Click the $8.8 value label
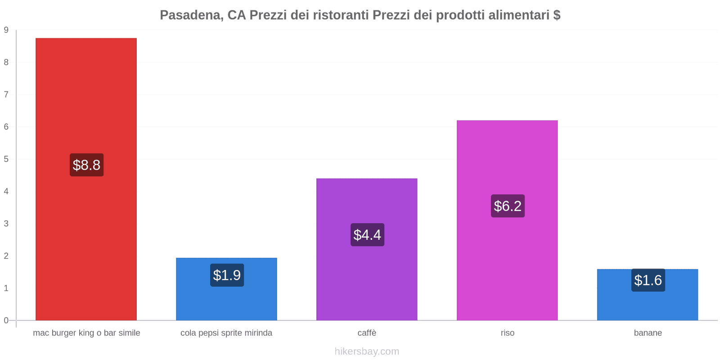(x=86, y=165)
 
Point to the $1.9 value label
(x=227, y=275)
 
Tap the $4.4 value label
(x=367, y=234)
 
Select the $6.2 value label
(x=508, y=206)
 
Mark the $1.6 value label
(x=648, y=280)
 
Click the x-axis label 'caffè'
(x=367, y=333)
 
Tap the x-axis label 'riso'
(x=507, y=333)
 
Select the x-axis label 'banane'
(x=648, y=333)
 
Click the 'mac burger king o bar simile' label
(x=86, y=333)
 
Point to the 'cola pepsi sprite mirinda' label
(x=226, y=333)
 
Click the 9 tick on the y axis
(x=6, y=30)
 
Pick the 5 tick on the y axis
(x=6, y=159)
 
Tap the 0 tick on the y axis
(x=6, y=320)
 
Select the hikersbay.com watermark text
(x=367, y=351)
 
